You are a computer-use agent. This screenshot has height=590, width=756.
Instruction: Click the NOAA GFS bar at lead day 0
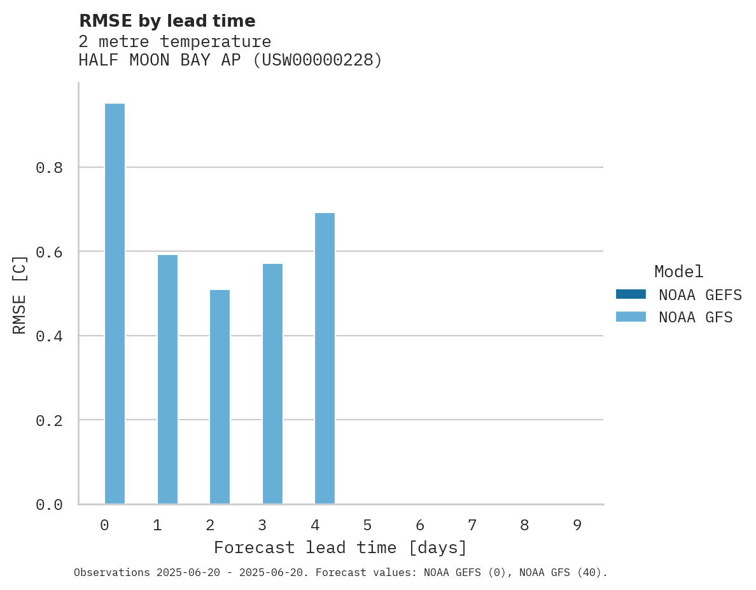pyautogui.click(x=115, y=304)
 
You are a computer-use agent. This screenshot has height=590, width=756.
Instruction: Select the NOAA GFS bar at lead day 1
pyautogui.click(x=167, y=380)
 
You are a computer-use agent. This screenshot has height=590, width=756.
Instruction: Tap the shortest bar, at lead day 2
pyautogui.click(x=220, y=397)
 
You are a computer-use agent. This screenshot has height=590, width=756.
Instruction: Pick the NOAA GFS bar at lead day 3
pyautogui.click(x=272, y=384)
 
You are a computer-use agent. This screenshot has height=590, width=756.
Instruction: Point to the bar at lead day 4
pyautogui.click(x=325, y=359)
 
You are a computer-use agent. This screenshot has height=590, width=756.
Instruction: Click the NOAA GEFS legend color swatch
pyautogui.click(x=631, y=294)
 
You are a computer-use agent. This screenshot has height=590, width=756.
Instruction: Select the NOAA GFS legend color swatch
pyautogui.click(x=631, y=317)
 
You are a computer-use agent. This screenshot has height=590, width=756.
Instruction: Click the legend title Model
pyautogui.click(x=678, y=272)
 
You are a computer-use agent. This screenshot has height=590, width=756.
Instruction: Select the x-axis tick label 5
pyautogui.click(x=367, y=525)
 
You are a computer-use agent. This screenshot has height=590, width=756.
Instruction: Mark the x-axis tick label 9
pyautogui.click(x=577, y=525)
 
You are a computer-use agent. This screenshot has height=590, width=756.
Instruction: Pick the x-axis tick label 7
pyautogui.click(x=472, y=525)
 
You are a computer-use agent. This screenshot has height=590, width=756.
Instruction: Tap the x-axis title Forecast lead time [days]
pyautogui.click(x=340, y=548)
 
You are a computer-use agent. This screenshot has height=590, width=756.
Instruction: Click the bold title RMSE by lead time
pyautogui.click(x=167, y=21)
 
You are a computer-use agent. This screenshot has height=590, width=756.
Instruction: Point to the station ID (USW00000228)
pyautogui.click(x=318, y=60)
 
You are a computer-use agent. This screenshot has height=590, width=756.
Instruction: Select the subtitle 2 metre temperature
pyautogui.click(x=174, y=41)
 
